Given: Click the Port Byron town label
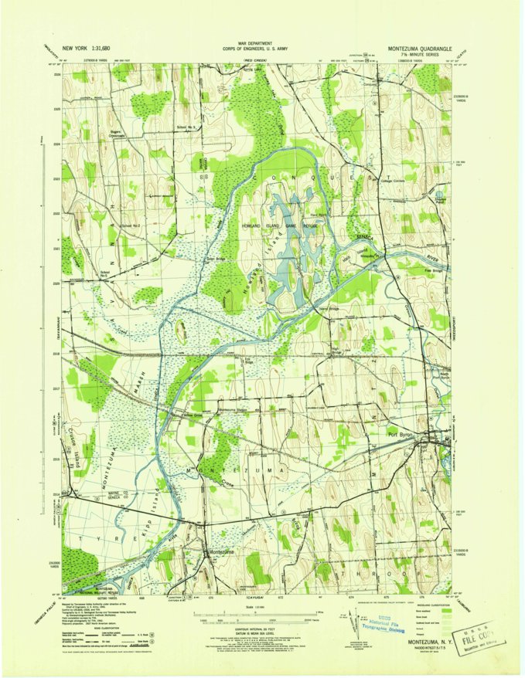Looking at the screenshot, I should pos(403,434).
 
